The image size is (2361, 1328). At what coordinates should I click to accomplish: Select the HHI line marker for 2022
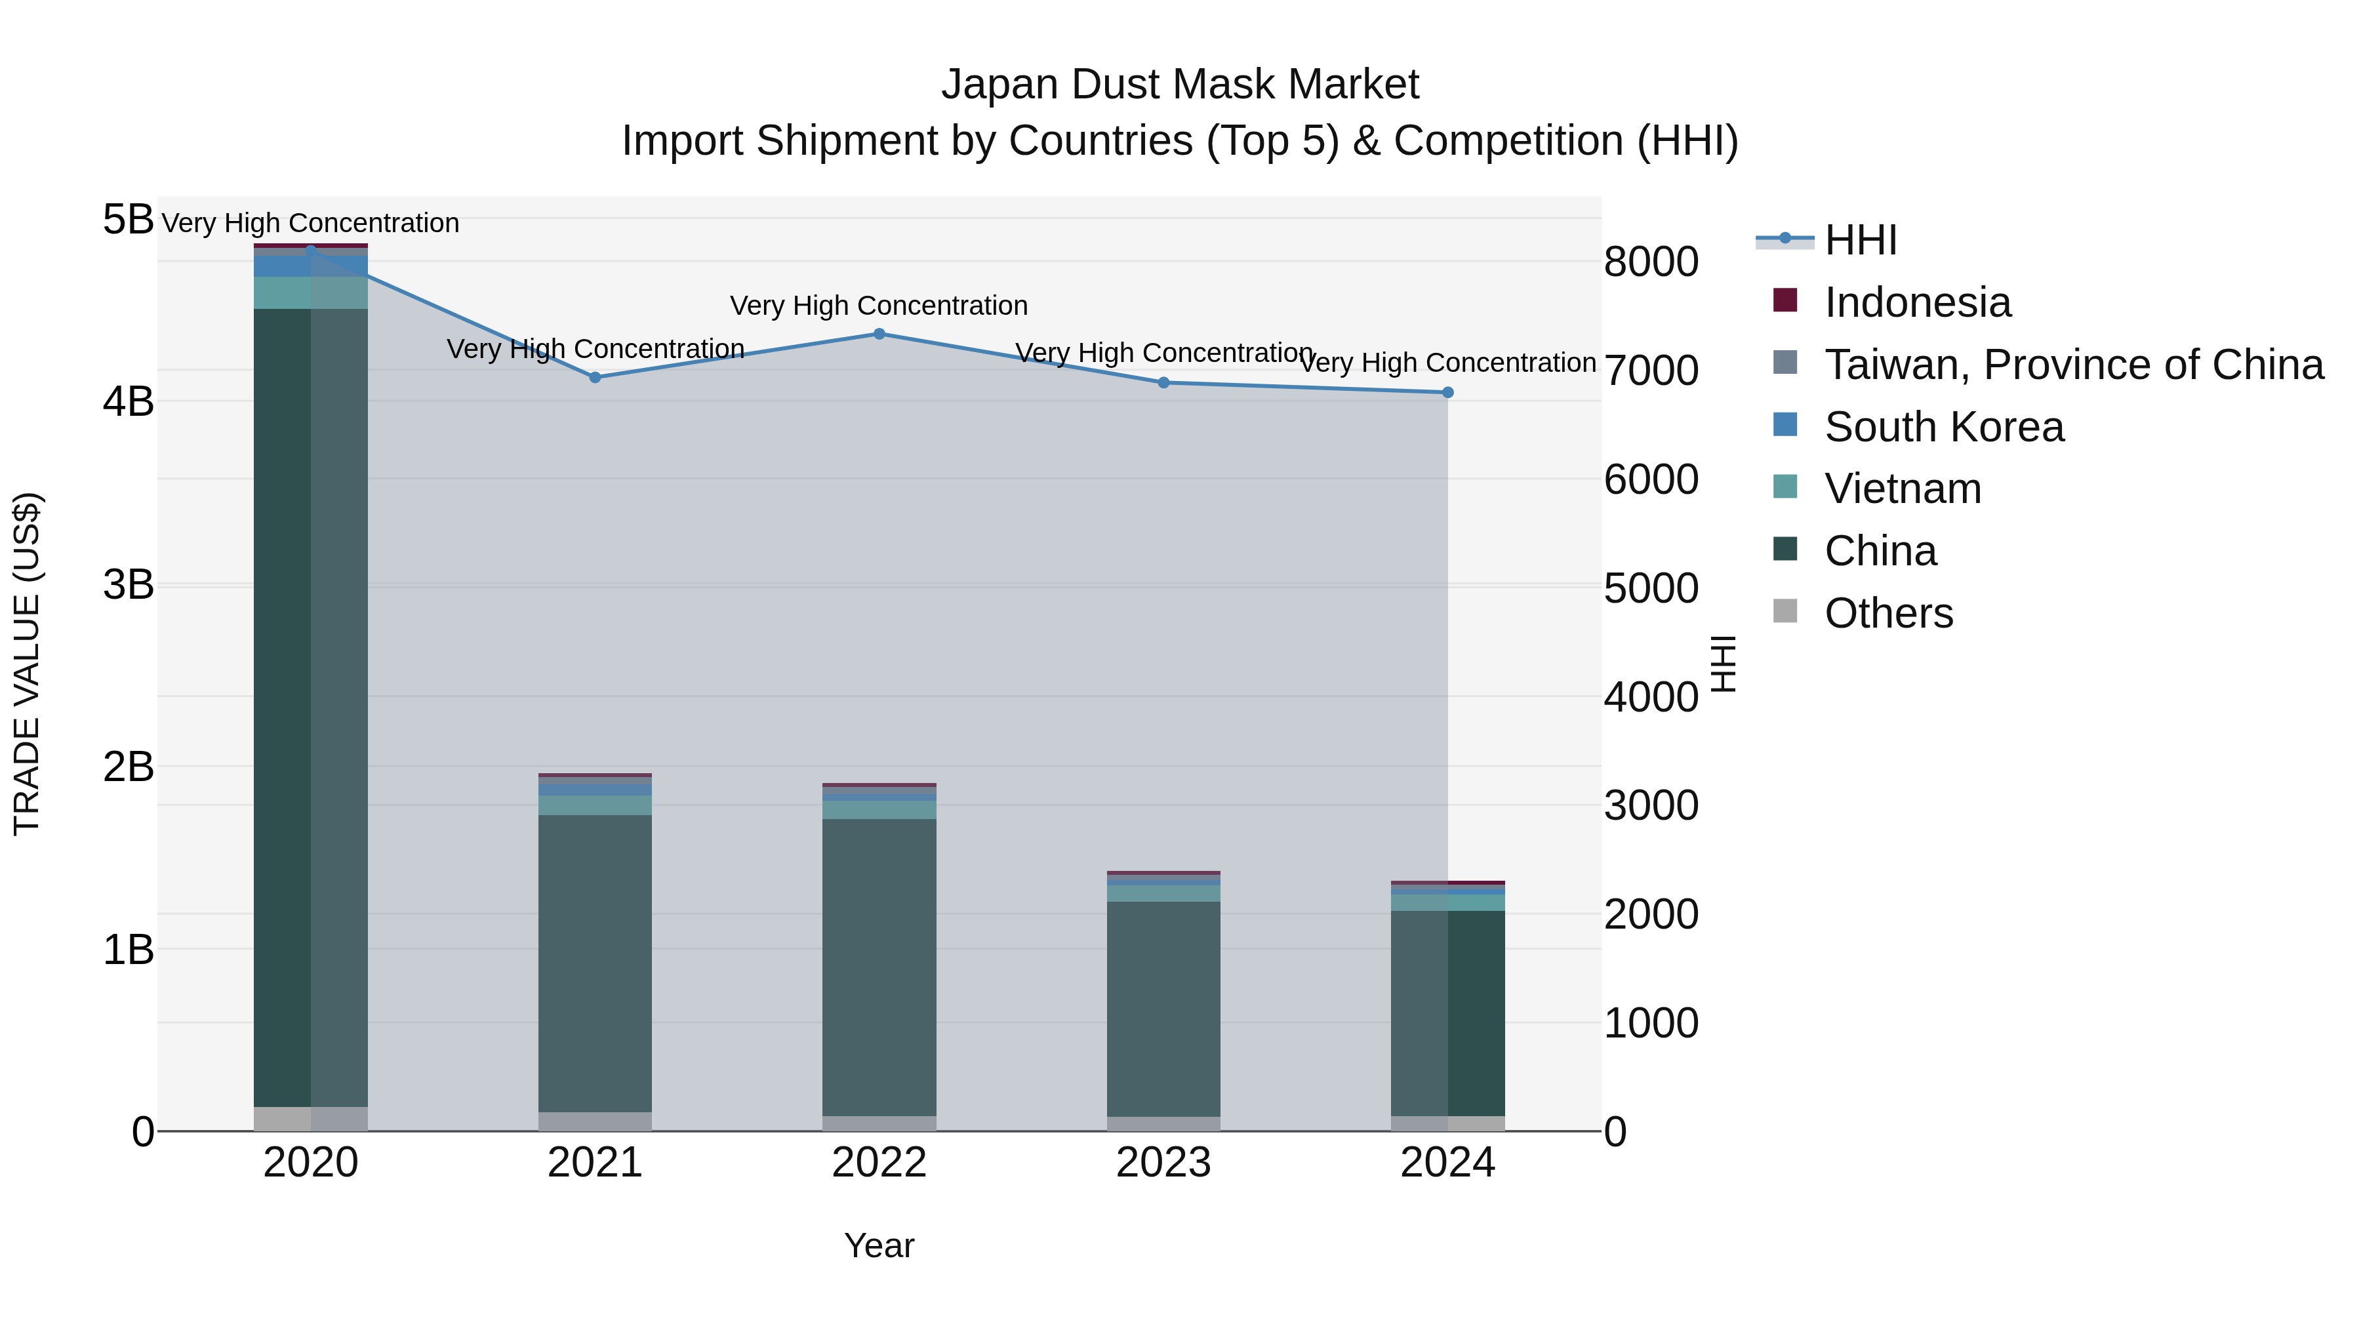[x=879, y=334]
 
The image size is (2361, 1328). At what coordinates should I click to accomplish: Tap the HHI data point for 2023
[x=1164, y=382]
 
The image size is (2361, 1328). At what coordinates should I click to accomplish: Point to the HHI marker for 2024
[x=1448, y=392]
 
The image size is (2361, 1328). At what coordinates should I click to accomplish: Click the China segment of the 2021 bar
[x=595, y=962]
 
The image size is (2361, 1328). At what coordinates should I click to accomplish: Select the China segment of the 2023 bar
[x=1164, y=1008]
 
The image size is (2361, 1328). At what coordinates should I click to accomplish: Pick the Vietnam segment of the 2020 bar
[x=311, y=292]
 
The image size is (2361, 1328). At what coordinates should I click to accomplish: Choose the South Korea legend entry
[x=1943, y=427]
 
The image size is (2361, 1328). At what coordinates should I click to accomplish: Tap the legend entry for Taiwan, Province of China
[x=2073, y=365]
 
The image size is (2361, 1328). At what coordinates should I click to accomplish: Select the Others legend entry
[x=1888, y=613]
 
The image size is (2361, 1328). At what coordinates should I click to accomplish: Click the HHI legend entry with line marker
[x=1860, y=240]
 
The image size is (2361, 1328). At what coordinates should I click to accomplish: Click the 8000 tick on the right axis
[x=1651, y=262]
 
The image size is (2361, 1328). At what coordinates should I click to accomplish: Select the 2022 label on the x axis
[x=879, y=1163]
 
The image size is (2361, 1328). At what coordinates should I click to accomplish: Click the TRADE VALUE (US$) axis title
[x=27, y=664]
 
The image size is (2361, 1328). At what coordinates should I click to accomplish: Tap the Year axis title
[x=879, y=1245]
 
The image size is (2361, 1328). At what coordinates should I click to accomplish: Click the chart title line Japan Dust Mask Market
[x=1180, y=85]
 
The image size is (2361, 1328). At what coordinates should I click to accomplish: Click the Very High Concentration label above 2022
[x=878, y=305]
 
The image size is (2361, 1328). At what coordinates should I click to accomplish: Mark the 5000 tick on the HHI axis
[x=1651, y=588]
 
